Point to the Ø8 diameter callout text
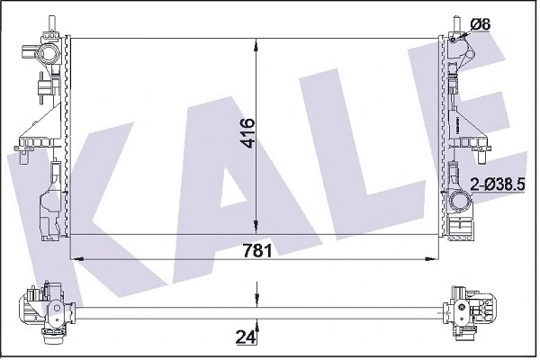pyautogui.click(x=480, y=24)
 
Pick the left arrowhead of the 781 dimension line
pyautogui.click(x=74, y=258)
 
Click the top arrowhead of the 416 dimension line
pyautogui.click(x=258, y=41)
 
